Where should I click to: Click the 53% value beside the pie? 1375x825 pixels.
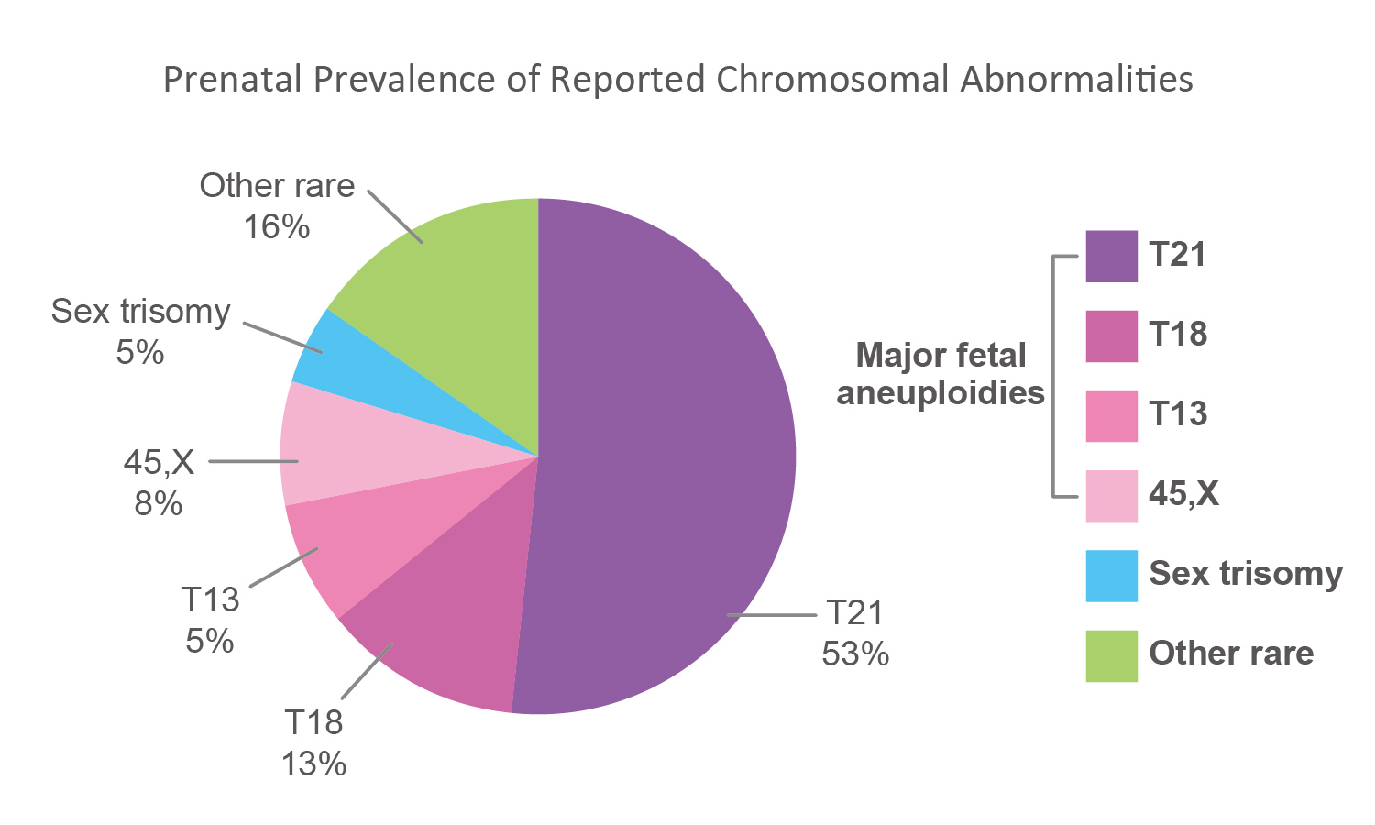pyautogui.click(x=855, y=654)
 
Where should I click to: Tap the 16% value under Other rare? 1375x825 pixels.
pyautogui.click(x=276, y=226)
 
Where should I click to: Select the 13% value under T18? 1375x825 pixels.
pyautogui.click(x=313, y=764)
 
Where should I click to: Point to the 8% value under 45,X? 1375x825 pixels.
pyautogui.click(x=159, y=503)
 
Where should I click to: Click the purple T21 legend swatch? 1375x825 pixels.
pyautogui.click(x=1111, y=256)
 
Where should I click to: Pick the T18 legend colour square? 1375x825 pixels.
pyautogui.click(x=1111, y=335)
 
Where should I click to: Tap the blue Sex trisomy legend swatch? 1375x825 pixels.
pyautogui.click(x=1111, y=576)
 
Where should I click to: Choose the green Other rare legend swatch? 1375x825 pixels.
pyautogui.click(x=1111, y=655)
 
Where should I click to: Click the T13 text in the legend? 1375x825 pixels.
pyautogui.click(x=1178, y=414)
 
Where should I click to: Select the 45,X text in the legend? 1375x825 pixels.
pyautogui.click(x=1183, y=494)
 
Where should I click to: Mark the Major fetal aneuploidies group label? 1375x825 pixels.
pyautogui.click(x=940, y=374)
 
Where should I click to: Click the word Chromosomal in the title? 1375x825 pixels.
pyautogui.click(x=833, y=80)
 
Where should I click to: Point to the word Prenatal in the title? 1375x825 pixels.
pyautogui.click(x=232, y=80)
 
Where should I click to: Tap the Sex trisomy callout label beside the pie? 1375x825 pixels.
pyautogui.click(x=140, y=312)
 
